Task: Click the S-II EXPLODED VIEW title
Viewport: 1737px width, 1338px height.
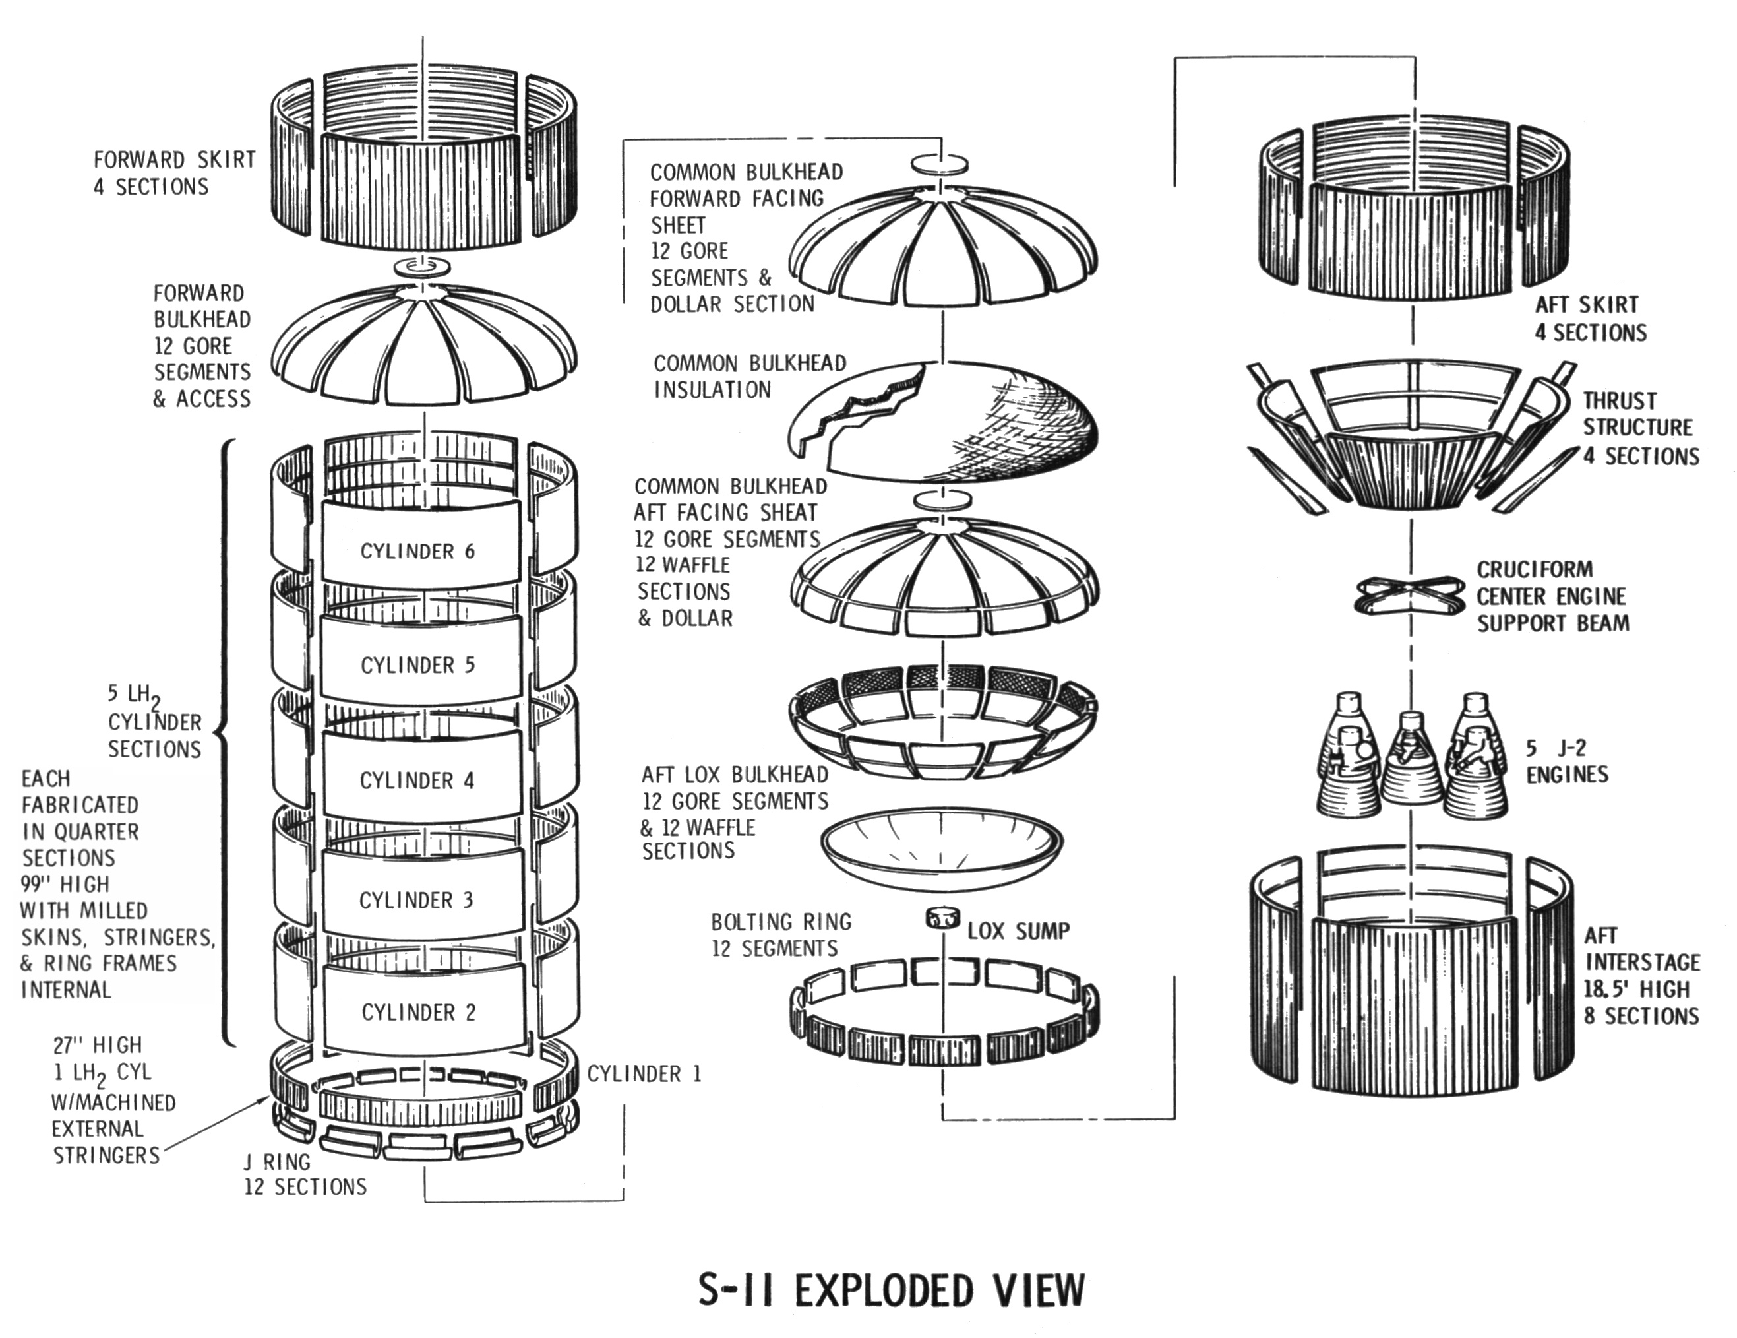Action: click(x=892, y=1290)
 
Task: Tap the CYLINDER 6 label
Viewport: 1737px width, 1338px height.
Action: click(x=417, y=552)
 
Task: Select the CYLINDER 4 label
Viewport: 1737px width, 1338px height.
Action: click(x=417, y=780)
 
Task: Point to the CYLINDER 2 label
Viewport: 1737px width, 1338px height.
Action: click(x=418, y=1012)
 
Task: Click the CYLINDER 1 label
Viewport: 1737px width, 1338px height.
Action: click(x=644, y=1074)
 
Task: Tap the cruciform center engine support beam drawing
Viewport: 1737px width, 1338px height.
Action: click(x=1409, y=595)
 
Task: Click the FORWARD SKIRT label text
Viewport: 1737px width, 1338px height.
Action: click(x=174, y=160)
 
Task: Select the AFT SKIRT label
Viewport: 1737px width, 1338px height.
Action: click(x=1586, y=305)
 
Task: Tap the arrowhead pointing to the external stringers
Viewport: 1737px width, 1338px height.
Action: click(x=267, y=1099)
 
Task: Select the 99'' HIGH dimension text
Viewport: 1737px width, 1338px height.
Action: click(x=65, y=884)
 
